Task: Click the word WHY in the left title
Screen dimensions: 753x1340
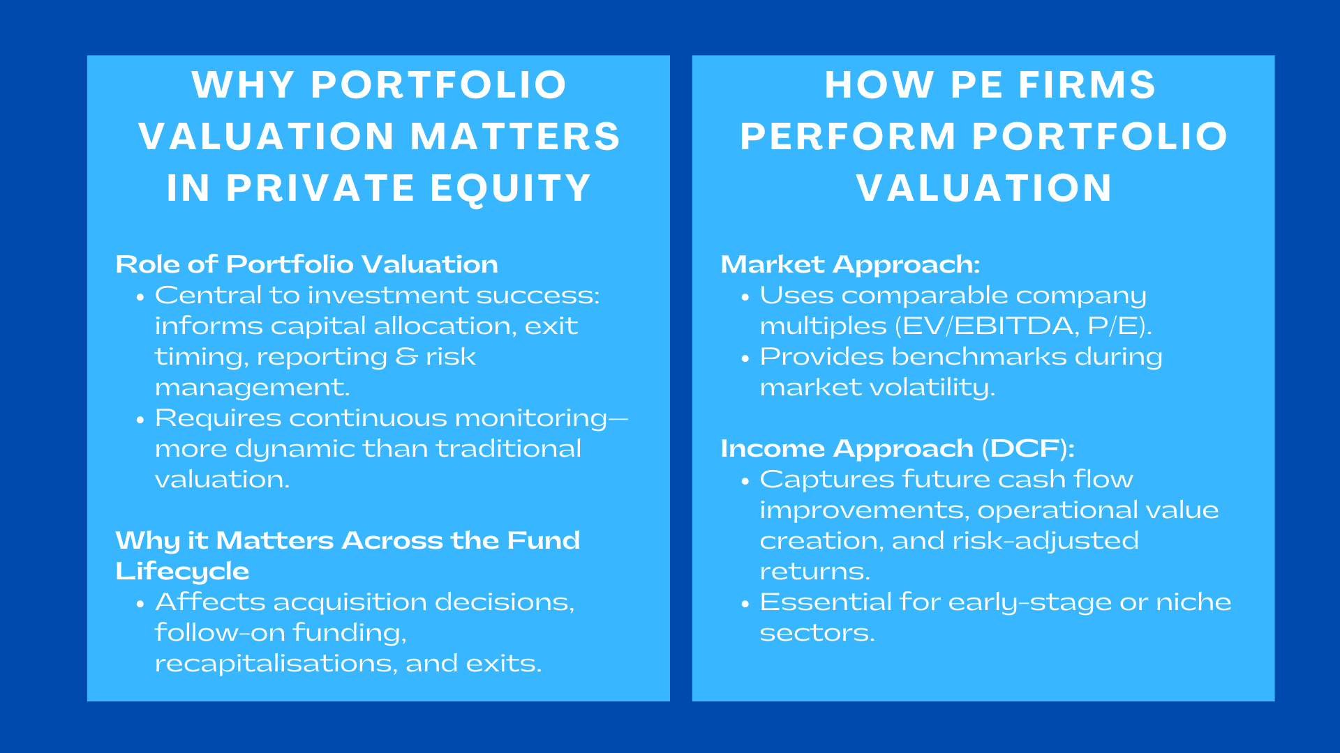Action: pos(242,85)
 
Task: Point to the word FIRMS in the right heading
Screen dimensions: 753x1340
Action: pos(1087,85)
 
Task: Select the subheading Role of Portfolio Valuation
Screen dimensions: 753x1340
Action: pos(306,264)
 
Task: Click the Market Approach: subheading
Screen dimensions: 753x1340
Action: pos(850,264)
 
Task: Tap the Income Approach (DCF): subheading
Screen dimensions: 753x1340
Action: pos(897,448)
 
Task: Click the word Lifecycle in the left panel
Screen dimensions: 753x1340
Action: pos(182,571)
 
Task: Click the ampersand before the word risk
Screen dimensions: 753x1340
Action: pos(406,357)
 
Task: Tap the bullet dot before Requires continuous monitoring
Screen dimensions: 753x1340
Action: pos(140,420)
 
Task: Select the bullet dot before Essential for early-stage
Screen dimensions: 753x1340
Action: pos(745,604)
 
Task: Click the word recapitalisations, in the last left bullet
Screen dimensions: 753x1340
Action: pos(276,663)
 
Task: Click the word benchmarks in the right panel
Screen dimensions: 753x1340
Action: pos(979,357)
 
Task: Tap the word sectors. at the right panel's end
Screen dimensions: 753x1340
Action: pos(817,633)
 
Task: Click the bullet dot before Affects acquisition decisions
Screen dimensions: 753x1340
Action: pos(140,604)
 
